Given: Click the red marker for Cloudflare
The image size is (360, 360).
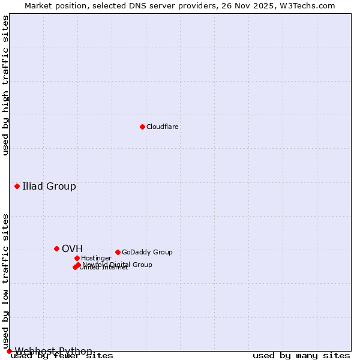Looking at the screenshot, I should tap(142, 127).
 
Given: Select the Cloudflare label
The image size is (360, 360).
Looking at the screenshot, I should tap(163, 127).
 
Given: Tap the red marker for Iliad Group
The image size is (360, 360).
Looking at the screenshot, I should tap(17, 186).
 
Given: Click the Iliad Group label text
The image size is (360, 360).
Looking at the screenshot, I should tap(49, 186).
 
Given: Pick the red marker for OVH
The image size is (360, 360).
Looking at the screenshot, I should tap(56, 248).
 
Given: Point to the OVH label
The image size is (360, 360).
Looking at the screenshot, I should tap(72, 248).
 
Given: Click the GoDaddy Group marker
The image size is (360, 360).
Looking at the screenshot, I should tap(118, 252).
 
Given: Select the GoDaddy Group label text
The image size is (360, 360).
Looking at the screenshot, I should tap(147, 253).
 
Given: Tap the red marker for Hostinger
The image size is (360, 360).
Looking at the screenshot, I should tap(77, 258).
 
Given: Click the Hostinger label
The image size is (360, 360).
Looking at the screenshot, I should tap(96, 259).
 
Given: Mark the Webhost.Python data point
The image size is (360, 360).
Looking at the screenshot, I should tap(9, 351).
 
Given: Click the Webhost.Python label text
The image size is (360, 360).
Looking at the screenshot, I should tap(53, 351).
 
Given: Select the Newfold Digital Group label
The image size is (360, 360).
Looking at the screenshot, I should tap(118, 265).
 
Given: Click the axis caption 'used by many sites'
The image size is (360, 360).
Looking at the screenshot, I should tap(301, 356).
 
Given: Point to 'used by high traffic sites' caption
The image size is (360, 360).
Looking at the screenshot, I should tap(5, 85).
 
